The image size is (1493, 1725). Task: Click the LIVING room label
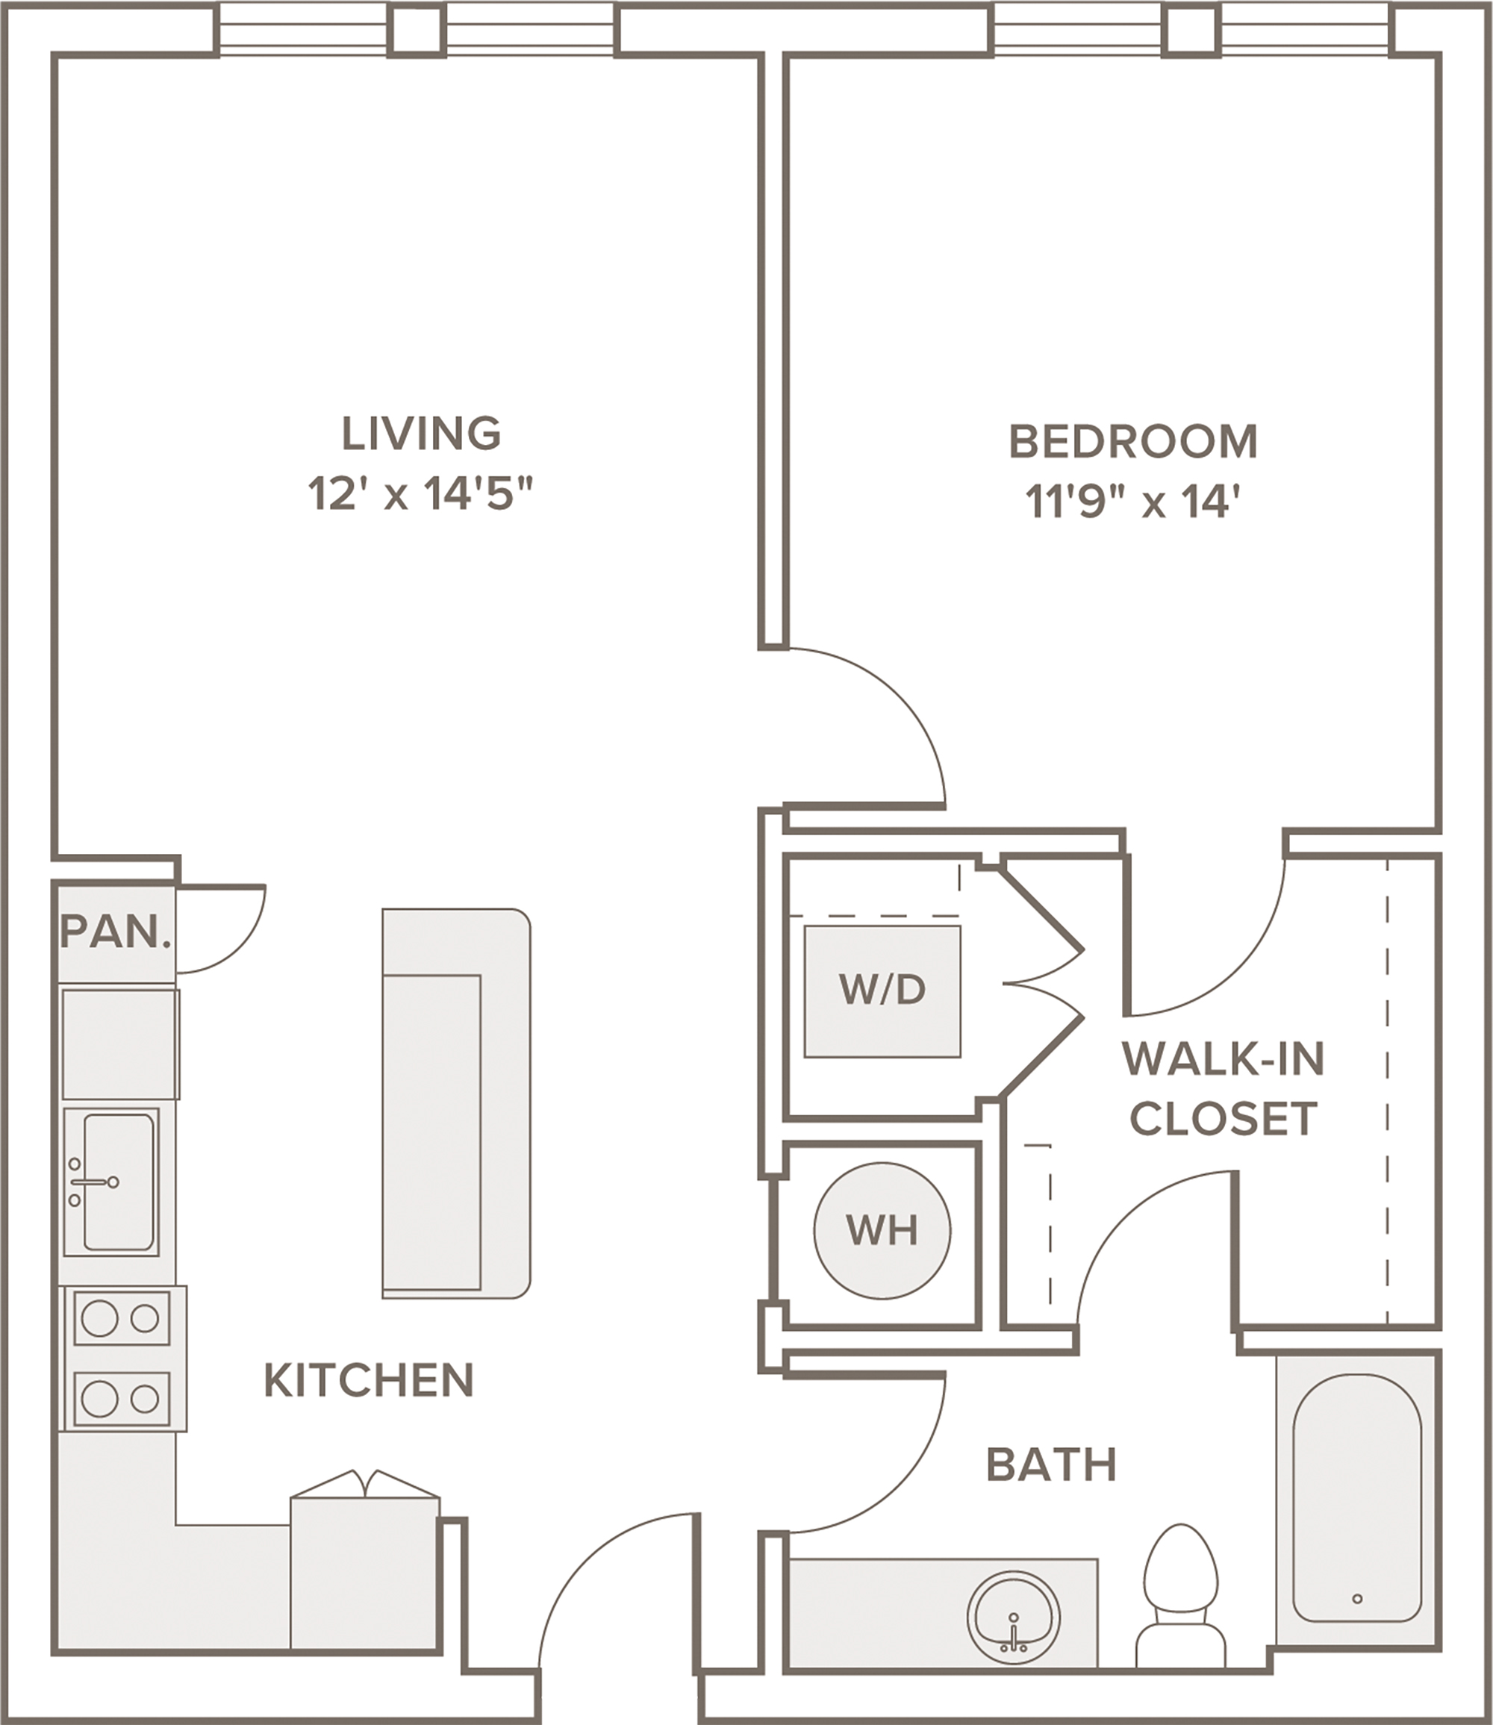pos(422,433)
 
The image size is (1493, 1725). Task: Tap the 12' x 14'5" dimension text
pos(420,494)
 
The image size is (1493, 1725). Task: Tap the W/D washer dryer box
pos(882,991)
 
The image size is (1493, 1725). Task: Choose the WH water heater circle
pos(882,1230)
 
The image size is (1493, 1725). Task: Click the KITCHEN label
pos(369,1380)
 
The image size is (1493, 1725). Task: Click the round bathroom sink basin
pos(1014,1618)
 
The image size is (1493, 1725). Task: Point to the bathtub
pos(1357,1500)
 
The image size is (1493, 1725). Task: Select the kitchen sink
pos(112,1182)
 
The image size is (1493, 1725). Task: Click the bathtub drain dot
pos(1357,1598)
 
